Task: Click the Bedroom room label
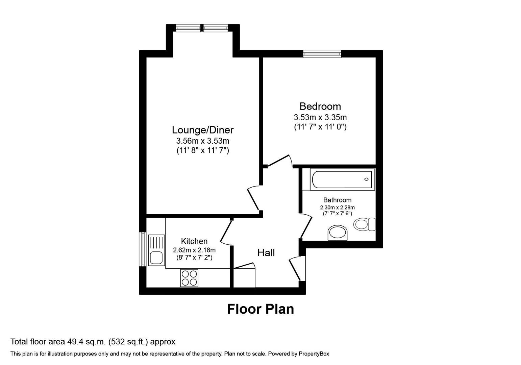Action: click(320, 106)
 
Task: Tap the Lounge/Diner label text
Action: click(202, 130)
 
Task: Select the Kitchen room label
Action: click(194, 241)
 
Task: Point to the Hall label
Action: click(266, 252)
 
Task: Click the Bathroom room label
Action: click(337, 200)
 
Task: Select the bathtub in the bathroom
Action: click(342, 179)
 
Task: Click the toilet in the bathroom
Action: click(364, 224)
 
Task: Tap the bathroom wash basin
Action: click(338, 233)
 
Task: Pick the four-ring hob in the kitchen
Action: click(189, 278)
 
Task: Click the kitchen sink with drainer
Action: click(156, 250)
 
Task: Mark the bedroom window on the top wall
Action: click(322, 54)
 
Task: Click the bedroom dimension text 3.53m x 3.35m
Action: click(320, 118)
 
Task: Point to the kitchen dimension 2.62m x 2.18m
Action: click(194, 250)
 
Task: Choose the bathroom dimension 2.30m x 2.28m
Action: click(337, 208)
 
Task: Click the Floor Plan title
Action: click(260, 309)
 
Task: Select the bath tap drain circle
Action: click(366, 179)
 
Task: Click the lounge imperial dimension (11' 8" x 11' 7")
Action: click(202, 150)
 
